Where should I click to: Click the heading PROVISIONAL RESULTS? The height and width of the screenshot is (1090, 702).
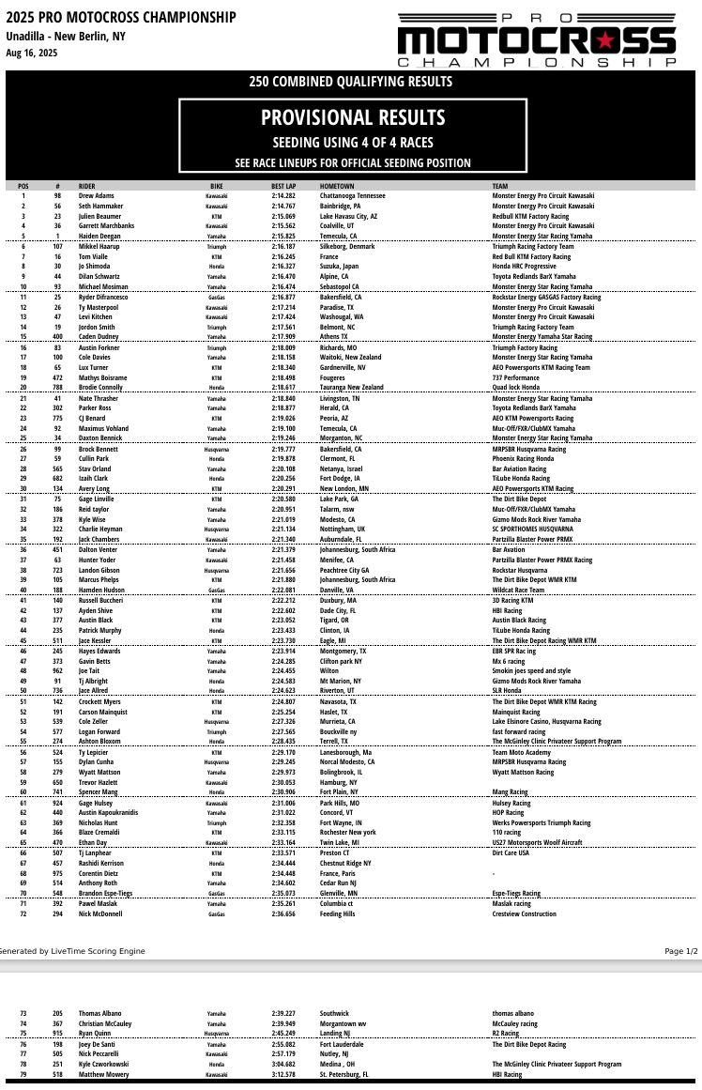coord(353,117)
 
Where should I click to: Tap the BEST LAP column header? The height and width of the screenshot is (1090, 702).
coord(283,187)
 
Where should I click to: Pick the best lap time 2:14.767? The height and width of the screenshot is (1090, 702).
coord(283,206)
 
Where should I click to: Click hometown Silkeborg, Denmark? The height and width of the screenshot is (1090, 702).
coord(346,246)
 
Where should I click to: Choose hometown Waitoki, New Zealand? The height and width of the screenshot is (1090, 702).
coord(350,357)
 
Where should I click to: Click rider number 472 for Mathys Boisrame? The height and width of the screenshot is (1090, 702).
coord(57,377)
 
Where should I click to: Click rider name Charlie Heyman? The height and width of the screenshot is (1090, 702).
coord(100,530)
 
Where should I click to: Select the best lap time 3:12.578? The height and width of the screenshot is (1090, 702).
coord(283,1074)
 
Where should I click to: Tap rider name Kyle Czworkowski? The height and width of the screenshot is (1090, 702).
coord(104,1065)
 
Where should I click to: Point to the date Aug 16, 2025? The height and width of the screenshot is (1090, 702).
coord(26,53)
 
